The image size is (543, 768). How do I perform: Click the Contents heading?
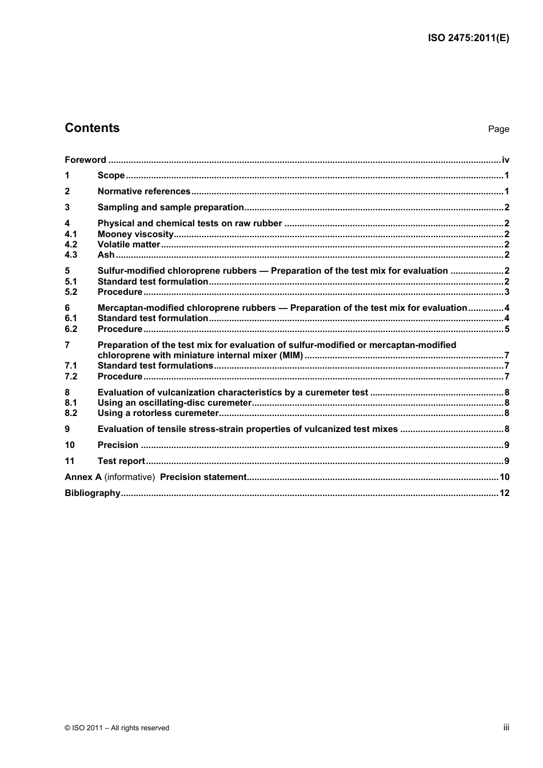(92, 128)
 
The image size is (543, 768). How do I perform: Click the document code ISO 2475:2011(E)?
(468, 38)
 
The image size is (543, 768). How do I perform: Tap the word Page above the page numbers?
(498, 129)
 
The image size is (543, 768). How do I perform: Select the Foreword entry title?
(85, 160)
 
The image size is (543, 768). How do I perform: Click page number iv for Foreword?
(505, 160)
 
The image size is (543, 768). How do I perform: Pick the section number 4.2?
(71, 245)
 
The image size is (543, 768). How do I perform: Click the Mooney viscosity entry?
(135, 234)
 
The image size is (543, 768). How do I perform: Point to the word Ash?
(106, 255)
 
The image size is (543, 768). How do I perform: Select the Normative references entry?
(144, 191)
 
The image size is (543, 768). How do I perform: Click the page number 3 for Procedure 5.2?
(506, 292)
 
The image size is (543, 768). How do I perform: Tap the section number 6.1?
(71, 318)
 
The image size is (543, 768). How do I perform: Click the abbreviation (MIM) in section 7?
(291, 355)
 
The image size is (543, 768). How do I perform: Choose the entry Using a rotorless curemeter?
(158, 413)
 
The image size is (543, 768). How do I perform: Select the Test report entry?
(121, 461)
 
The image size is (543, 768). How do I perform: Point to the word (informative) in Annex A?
(130, 477)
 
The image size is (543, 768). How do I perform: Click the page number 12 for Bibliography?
(504, 493)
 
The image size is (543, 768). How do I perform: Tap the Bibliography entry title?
(93, 493)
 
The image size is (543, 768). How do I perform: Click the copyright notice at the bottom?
(117, 728)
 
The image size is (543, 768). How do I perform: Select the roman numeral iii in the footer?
(506, 727)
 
